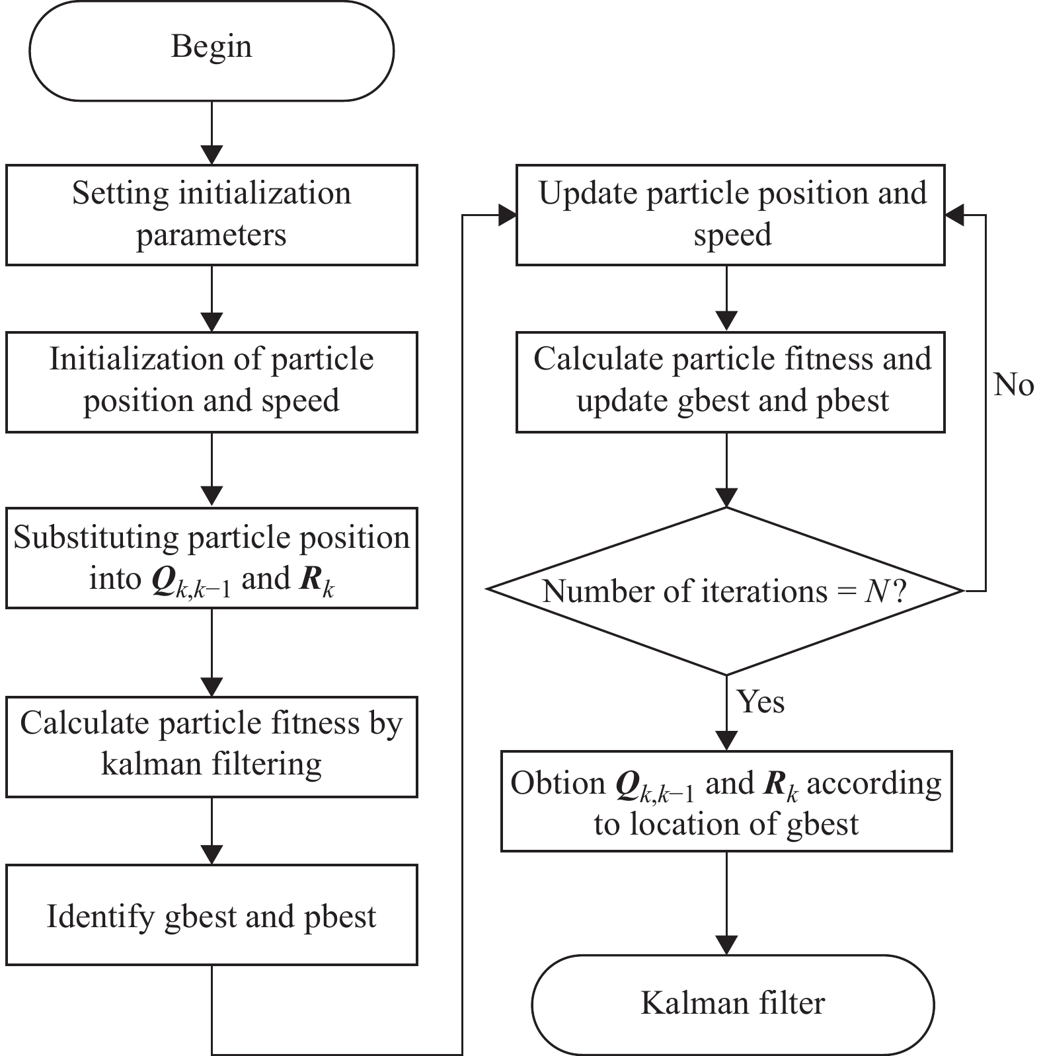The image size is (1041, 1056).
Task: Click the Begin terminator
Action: (x=212, y=51)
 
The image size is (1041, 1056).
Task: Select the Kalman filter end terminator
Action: (x=732, y=1004)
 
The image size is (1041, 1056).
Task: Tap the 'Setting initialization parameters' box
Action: (x=212, y=215)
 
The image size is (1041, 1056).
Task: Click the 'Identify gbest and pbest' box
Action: (x=212, y=915)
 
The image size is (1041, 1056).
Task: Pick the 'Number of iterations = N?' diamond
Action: (x=726, y=591)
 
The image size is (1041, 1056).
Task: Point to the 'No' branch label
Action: (x=1013, y=385)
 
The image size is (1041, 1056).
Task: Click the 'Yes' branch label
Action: (x=761, y=701)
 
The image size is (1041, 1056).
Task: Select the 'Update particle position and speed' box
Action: (x=730, y=215)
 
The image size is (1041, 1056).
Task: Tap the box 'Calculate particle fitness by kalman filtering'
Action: (x=212, y=747)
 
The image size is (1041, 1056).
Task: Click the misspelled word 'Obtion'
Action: (x=558, y=783)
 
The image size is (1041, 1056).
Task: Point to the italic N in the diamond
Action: (x=876, y=591)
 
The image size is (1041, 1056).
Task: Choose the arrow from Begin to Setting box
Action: (x=212, y=133)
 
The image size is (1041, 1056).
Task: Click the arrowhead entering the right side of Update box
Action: (x=955, y=215)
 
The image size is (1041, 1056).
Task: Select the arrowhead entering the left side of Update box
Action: (x=506, y=215)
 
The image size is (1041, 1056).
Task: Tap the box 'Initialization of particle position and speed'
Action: (x=212, y=382)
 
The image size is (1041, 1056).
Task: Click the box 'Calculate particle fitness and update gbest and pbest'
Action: (x=730, y=382)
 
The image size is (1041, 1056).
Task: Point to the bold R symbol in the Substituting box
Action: (x=311, y=580)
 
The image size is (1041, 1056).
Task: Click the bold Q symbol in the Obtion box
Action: (x=627, y=785)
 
